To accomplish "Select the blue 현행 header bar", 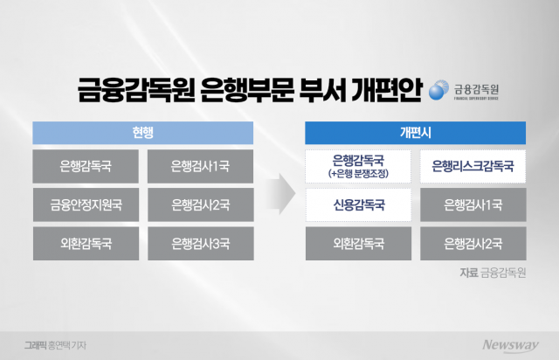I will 143,132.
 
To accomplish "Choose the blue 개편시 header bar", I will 414,132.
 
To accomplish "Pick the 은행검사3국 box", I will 200,243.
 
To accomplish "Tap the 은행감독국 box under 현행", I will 86,166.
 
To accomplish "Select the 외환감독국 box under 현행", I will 86,243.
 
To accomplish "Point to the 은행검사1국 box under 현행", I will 200,166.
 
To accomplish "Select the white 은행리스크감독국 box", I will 473,166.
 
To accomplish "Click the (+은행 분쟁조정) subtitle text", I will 359,174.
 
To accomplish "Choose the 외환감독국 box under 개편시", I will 359,243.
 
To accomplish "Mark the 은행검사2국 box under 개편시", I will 473,243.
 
